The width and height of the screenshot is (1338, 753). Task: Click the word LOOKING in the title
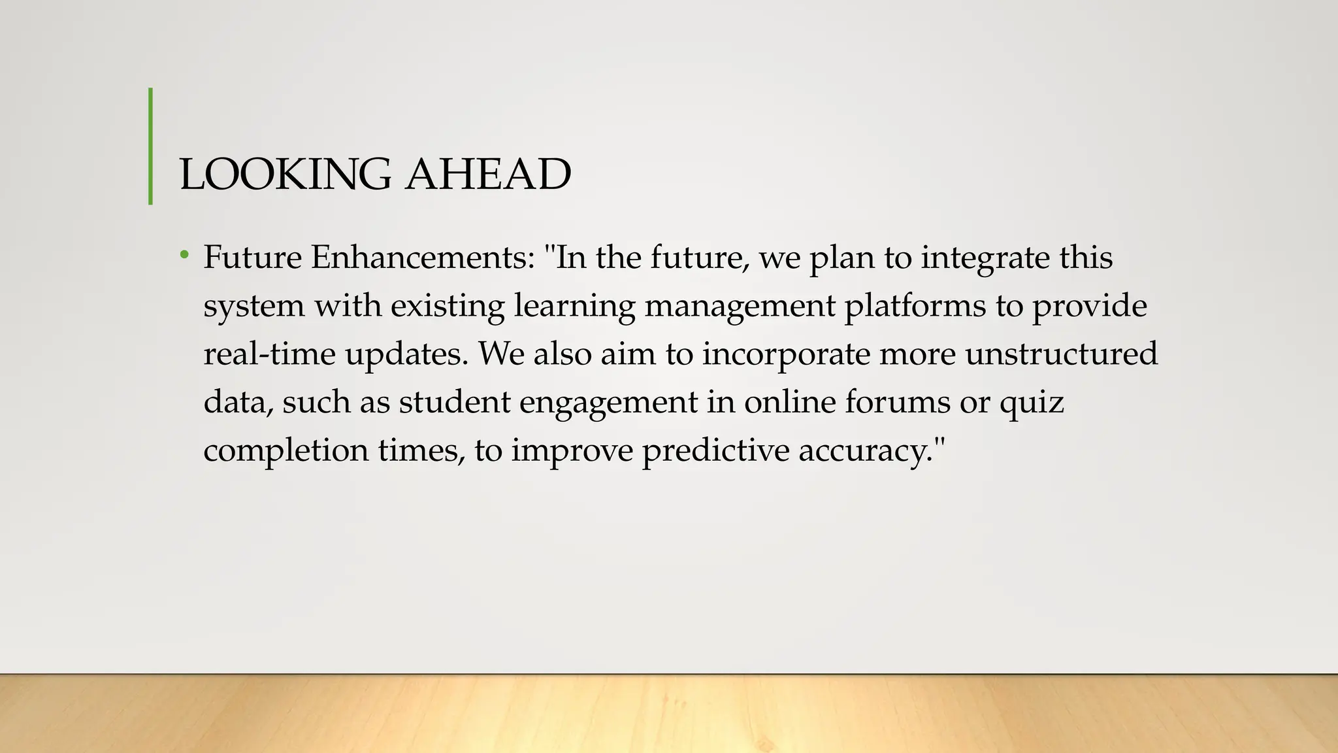[285, 175]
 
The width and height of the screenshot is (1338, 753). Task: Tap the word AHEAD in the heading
[488, 175]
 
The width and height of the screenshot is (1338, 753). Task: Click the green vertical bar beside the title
[151, 146]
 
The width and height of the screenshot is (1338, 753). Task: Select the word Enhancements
[423, 257]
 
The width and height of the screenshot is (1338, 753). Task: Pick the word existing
[448, 305]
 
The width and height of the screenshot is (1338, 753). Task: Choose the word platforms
[915, 305]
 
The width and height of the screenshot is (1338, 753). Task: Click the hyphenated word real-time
[269, 354]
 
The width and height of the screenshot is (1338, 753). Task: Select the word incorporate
[786, 354]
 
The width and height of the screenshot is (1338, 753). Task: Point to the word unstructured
[1061, 354]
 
